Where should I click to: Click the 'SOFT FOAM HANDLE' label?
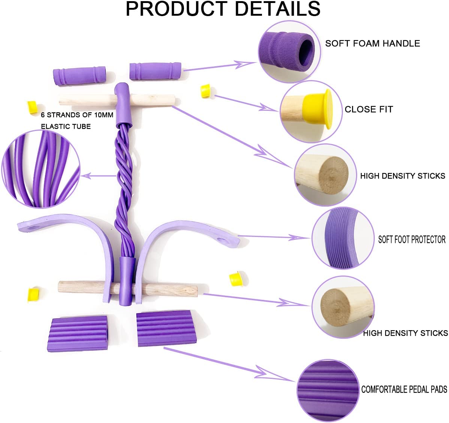pos(372,43)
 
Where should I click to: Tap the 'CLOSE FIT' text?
pos(369,109)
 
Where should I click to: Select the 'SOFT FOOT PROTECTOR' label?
pos(412,240)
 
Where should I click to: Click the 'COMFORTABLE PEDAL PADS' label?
pos(404,390)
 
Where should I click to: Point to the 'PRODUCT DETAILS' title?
pos(223,9)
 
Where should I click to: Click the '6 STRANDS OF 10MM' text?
pos(77,115)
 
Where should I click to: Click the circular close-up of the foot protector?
pos(343,239)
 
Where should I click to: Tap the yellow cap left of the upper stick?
pos(32,106)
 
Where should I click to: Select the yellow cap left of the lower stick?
pos(34,293)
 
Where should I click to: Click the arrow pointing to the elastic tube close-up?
pos(99,175)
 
